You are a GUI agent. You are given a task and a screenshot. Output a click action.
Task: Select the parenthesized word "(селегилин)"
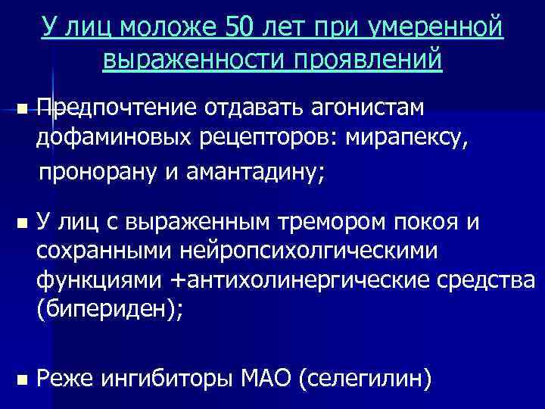366,376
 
